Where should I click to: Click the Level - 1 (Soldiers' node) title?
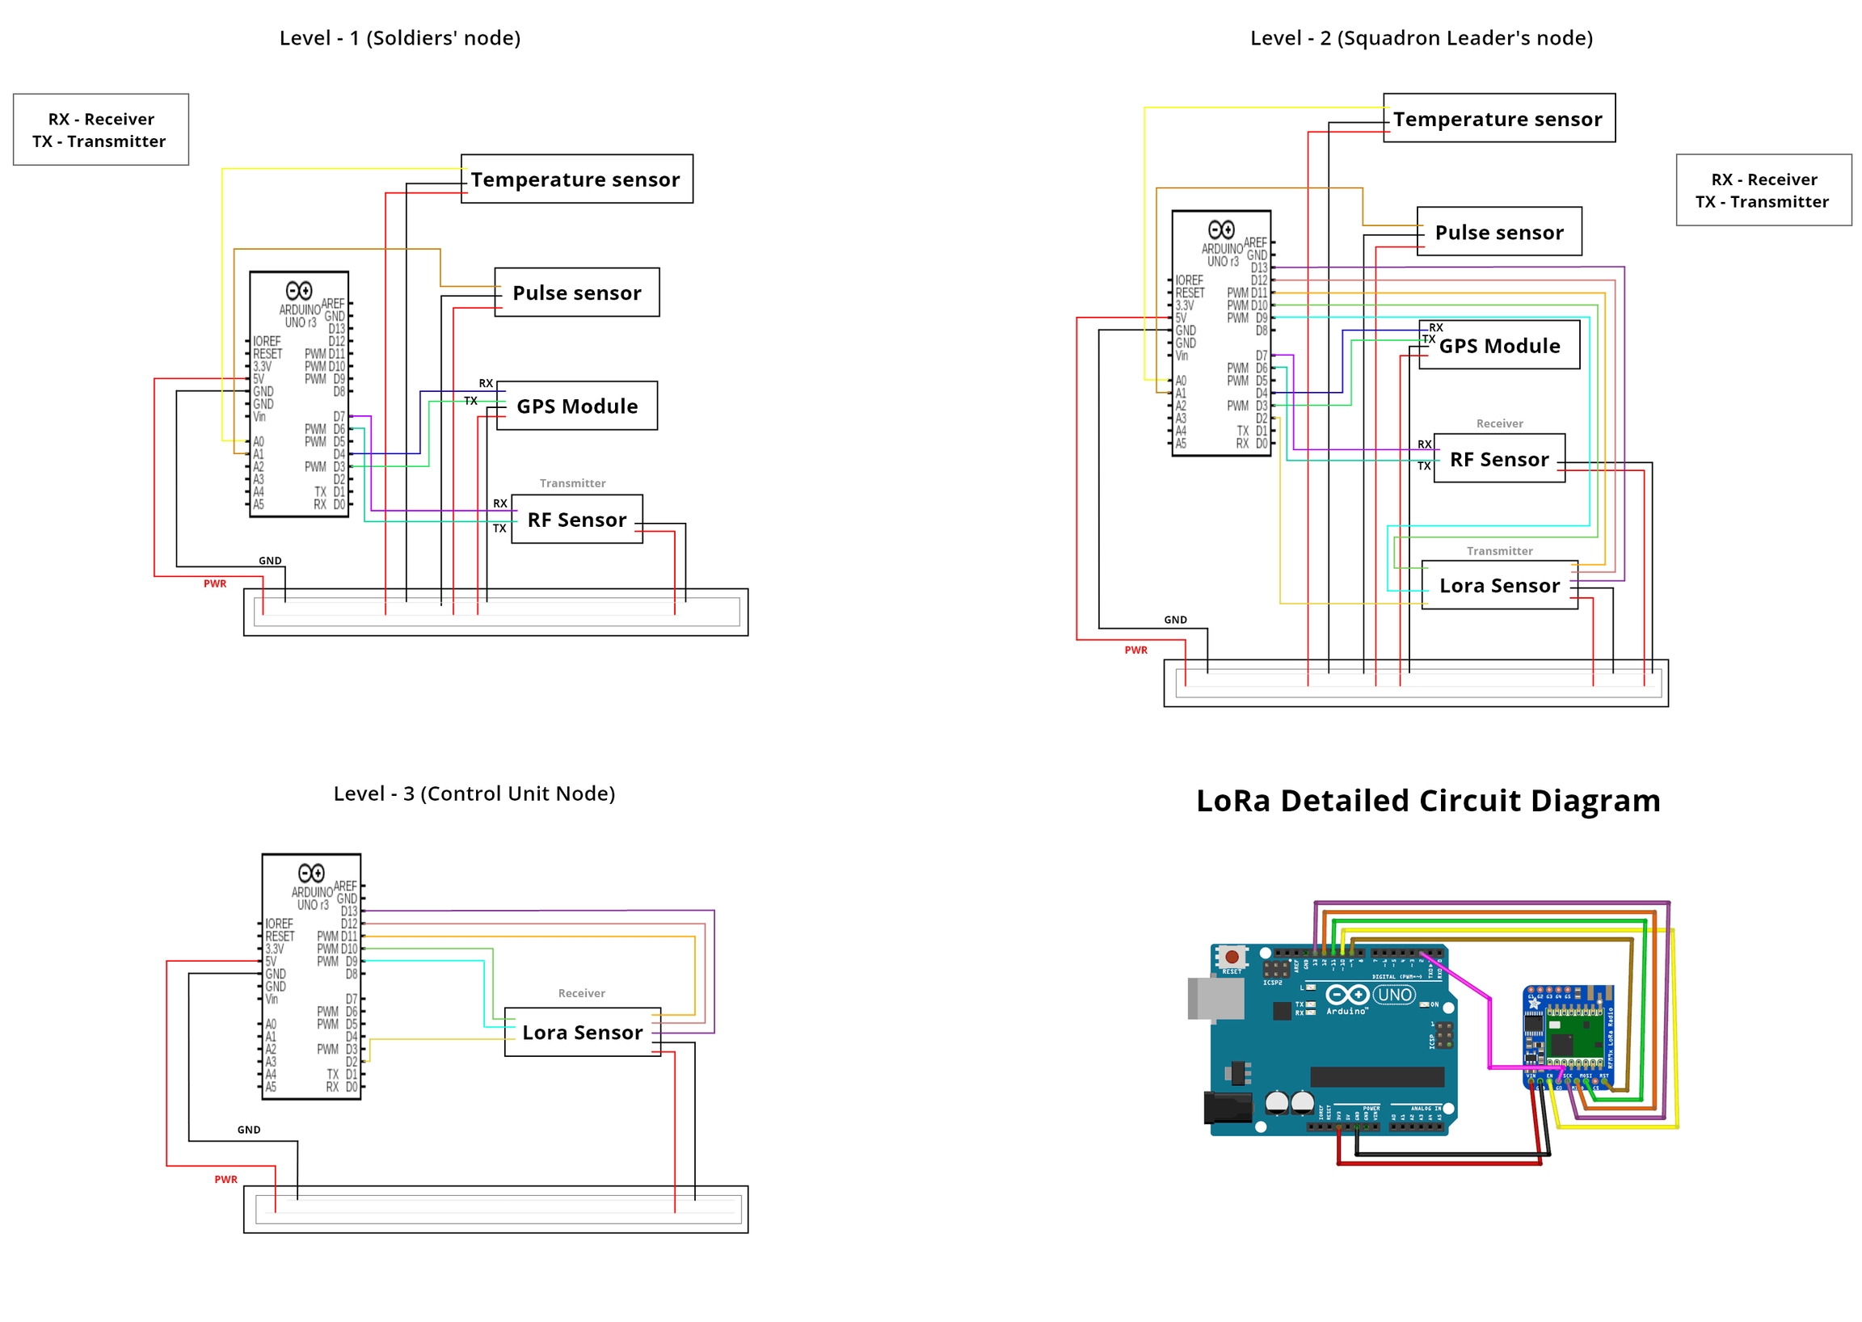pos(399,38)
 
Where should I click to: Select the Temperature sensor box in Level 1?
pos(575,179)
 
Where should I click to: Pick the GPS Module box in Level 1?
pos(575,406)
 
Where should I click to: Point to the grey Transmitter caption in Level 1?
pos(571,482)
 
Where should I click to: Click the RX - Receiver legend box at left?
pos(101,129)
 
